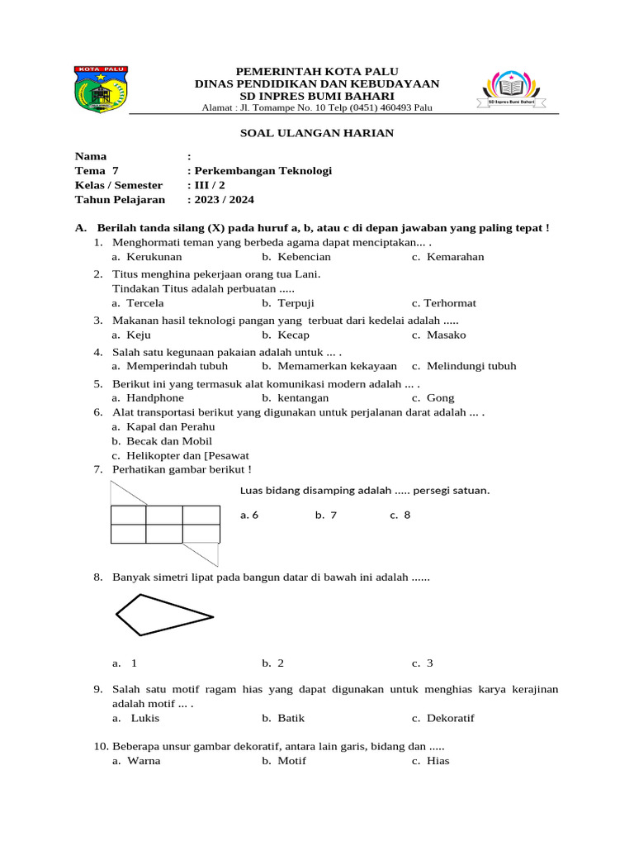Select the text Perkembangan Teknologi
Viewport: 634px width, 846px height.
(263, 171)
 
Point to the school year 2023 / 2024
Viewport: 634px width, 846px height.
(221, 199)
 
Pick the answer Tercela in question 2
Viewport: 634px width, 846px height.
(145, 303)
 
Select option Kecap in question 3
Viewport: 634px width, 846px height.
(293, 335)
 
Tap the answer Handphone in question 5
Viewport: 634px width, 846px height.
(155, 397)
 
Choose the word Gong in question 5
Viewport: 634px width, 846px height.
(441, 397)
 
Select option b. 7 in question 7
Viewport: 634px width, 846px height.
(325, 516)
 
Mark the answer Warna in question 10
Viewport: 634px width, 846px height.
(144, 760)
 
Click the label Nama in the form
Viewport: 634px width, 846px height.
(91, 156)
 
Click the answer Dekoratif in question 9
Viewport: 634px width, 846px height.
(451, 718)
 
